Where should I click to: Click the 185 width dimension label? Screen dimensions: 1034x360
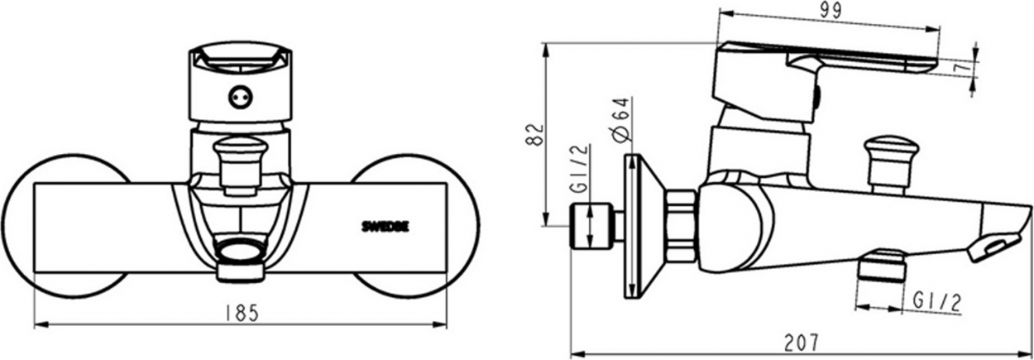[242, 314]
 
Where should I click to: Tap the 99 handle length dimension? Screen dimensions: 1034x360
[830, 11]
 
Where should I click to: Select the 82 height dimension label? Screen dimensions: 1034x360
[535, 134]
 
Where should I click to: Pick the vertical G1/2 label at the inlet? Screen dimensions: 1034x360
[580, 169]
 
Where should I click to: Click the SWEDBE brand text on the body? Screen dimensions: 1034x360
[385, 227]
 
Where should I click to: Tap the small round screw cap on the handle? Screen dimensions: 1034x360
[241, 98]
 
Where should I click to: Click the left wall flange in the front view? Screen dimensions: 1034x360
[65, 226]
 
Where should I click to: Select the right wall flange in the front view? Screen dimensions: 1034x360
[415, 226]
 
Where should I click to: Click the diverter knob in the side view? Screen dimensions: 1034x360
[892, 164]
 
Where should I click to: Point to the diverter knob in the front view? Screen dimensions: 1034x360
[241, 164]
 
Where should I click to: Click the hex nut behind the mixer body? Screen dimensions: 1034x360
[681, 227]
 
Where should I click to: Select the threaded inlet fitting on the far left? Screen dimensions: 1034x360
[591, 226]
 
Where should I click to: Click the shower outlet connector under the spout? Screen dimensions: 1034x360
[881, 266]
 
